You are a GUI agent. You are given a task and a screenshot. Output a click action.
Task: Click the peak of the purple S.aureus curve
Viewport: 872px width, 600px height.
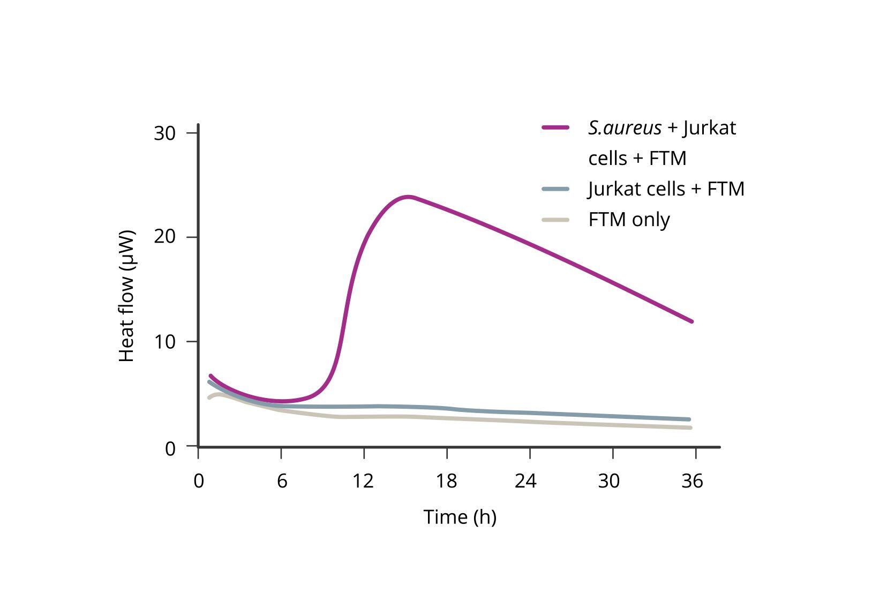409,197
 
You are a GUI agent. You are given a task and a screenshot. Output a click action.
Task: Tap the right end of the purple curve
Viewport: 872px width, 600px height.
691,321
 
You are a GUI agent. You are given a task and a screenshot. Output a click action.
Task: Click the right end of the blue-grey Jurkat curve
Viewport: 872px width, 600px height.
689,419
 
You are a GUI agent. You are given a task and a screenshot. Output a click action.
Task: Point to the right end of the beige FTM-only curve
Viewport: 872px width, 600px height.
690,427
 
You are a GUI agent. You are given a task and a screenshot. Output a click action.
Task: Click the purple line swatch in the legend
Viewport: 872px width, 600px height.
555,127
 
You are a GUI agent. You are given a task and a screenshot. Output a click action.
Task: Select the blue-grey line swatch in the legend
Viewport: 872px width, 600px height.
555,189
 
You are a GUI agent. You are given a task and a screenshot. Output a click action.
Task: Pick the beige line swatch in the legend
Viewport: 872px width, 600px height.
555,220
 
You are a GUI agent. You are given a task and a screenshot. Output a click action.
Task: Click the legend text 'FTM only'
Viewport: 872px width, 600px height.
629,220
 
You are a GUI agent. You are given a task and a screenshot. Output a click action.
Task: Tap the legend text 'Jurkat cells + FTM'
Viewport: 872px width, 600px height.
666,189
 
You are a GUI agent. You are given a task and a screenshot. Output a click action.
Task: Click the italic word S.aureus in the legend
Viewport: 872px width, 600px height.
625,128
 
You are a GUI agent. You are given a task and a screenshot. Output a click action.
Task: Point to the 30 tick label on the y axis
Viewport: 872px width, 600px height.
164,133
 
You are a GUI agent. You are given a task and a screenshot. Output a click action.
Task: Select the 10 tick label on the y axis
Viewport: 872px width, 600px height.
164,341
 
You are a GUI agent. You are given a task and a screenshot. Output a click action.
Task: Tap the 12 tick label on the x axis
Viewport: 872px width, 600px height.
363,481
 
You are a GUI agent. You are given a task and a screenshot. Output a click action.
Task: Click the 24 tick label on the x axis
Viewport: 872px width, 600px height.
525,481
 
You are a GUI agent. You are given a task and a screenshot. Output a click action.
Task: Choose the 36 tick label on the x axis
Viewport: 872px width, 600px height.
692,481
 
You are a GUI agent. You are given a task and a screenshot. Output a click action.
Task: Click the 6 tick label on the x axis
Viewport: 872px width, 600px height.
282,481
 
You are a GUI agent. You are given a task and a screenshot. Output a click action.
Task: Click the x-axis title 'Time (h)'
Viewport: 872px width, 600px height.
460,517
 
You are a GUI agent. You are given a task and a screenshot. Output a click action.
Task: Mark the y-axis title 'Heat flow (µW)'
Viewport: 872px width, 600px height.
126,296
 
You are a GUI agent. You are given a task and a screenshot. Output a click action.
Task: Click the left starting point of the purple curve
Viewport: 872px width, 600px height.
211,376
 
